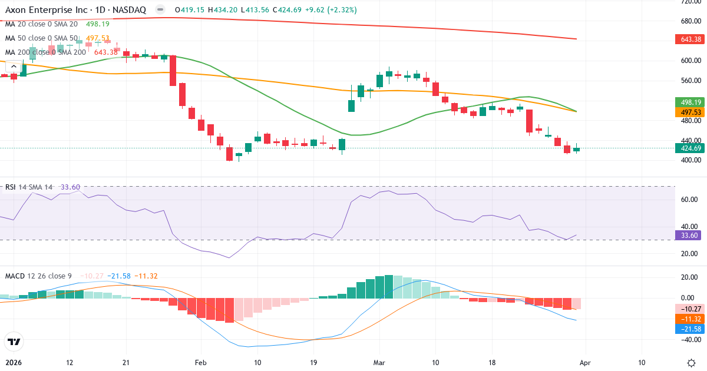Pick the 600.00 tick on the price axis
tap(691, 60)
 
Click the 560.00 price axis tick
tap(691, 81)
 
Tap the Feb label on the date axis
tap(201, 363)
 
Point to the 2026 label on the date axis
tap(13, 363)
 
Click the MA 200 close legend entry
tap(47, 52)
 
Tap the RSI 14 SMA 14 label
tap(29, 187)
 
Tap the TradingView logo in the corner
tap(14, 342)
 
